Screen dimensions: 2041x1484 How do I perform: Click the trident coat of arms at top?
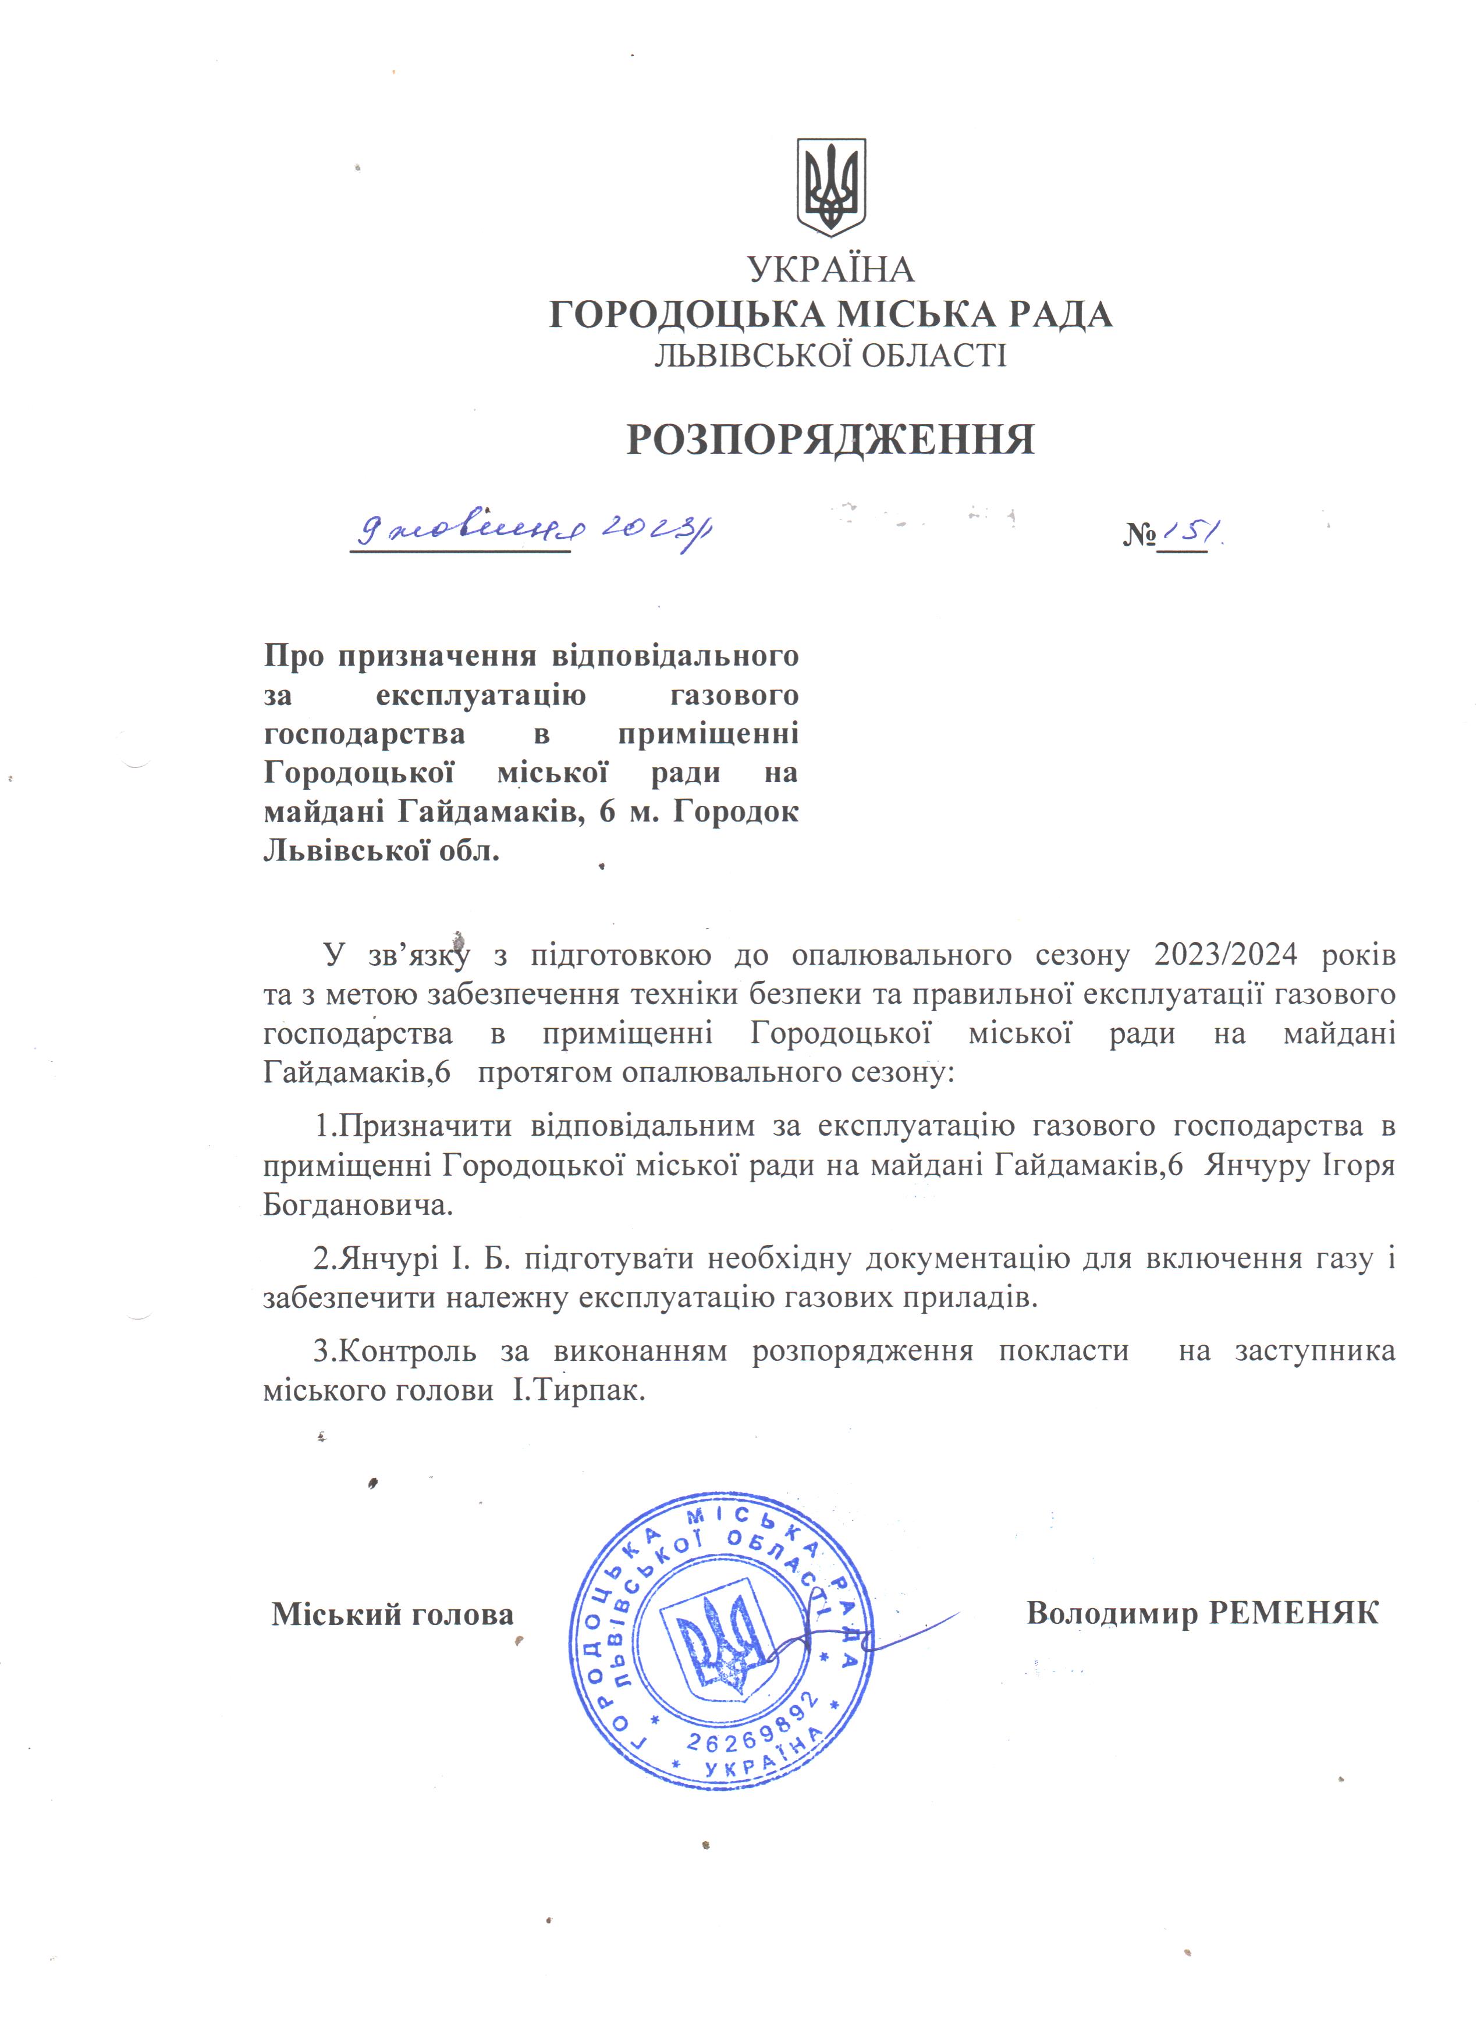coord(830,187)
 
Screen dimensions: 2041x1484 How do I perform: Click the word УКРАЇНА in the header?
coord(830,269)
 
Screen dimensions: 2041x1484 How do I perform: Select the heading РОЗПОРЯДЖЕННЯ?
coord(830,440)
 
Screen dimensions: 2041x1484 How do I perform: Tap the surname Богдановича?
coord(357,1204)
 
